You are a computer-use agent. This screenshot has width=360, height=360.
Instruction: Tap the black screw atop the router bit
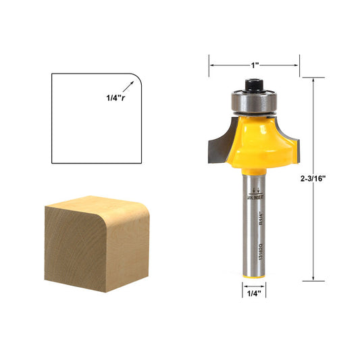point(254,86)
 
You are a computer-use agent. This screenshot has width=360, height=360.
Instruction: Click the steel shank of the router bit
point(254,223)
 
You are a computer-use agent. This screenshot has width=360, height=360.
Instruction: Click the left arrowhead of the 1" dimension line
point(211,66)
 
